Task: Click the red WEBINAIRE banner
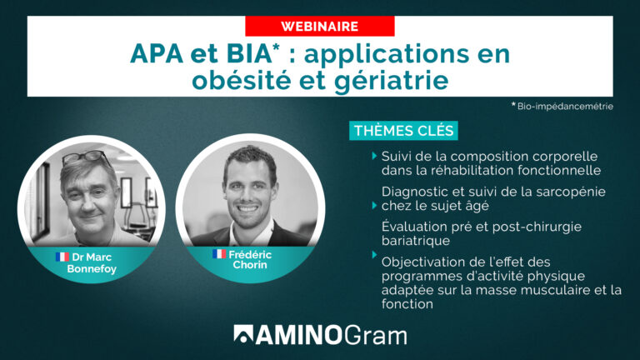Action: pos(319,27)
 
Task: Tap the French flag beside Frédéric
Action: pos(219,254)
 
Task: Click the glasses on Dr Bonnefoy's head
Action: pos(86,157)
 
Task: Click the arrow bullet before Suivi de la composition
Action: pos(374,156)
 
